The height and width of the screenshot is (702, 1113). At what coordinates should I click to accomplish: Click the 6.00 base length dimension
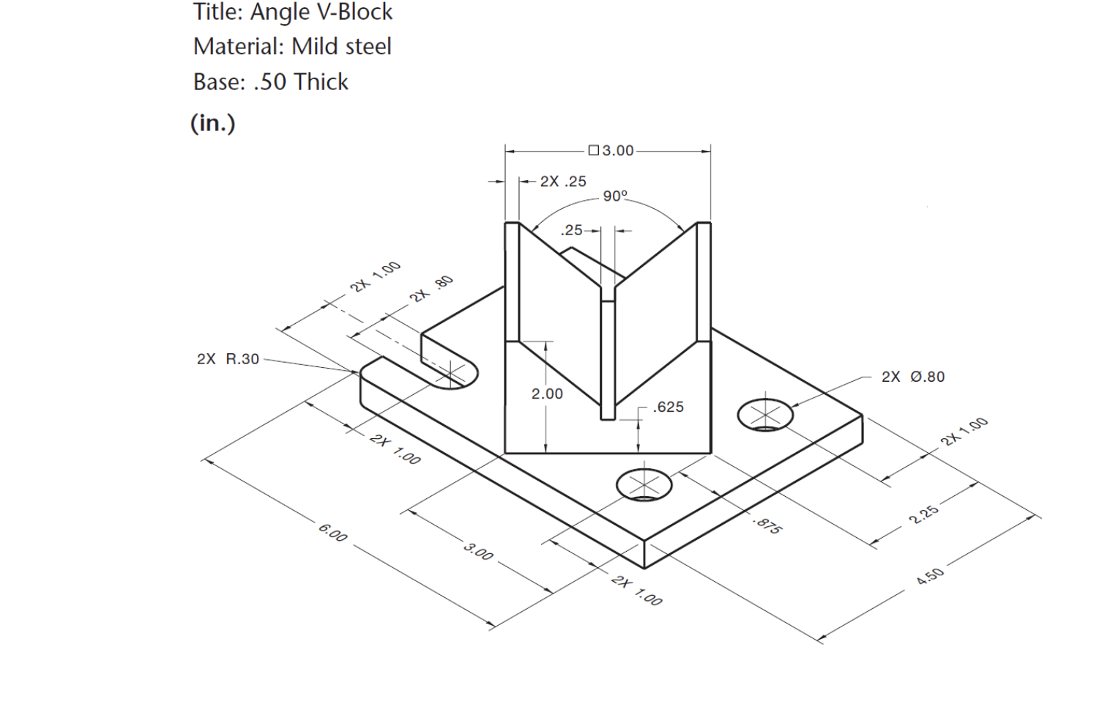pos(332,533)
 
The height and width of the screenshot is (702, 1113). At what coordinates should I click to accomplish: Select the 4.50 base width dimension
pos(930,576)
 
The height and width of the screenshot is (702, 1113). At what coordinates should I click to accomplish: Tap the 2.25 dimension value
pos(923,514)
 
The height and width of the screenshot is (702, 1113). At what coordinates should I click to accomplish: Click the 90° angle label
pos(615,196)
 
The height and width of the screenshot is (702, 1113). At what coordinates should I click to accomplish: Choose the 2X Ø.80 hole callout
pos(912,377)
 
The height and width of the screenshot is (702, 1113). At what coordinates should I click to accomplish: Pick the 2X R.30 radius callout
pos(228,359)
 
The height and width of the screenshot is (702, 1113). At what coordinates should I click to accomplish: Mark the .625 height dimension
pos(668,407)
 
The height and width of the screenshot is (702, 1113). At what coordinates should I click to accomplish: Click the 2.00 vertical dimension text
pos(547,394)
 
